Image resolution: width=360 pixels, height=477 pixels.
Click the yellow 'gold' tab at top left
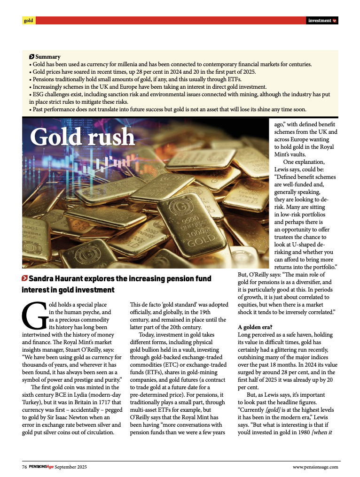(x=29, y=21)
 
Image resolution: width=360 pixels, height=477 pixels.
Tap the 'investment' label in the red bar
(x=320, y=21)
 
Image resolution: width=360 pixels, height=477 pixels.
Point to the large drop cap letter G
(x=34, y=316)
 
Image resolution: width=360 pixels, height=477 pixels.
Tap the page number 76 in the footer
(x=24, y=467)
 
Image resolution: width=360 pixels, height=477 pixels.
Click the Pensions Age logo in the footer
(x=41, y=467)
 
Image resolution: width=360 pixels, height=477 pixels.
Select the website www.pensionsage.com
(x=315, y=467)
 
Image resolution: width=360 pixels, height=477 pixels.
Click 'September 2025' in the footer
(x=71, y=467)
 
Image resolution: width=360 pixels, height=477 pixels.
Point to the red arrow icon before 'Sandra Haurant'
(x=24, y=278)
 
